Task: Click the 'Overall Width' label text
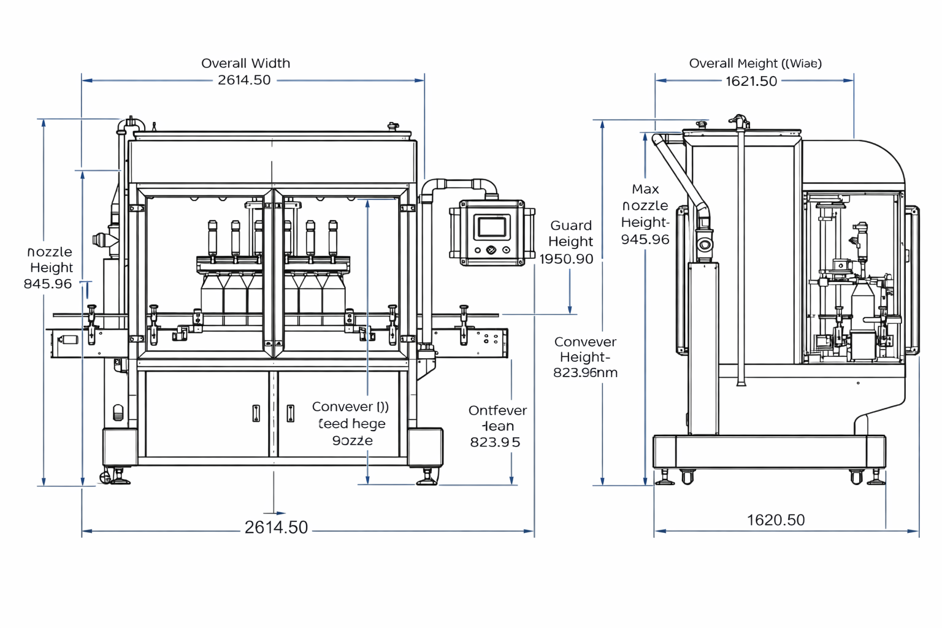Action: point(245,63)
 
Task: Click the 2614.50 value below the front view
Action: point(276,527)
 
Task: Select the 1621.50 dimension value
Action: point(751,81)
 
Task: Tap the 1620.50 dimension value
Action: point(776,520)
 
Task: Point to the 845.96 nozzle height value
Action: point(48,284)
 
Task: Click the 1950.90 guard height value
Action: point(566,259)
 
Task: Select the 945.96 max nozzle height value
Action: point(645,239)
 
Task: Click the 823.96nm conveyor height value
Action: point(585,372)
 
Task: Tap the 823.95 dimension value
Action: point(495,442)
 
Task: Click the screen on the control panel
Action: point(492,227)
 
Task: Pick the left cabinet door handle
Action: point(256,414)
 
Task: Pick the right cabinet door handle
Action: point(291,414)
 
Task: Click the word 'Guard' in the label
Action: point(571,226)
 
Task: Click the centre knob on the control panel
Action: point(491,250)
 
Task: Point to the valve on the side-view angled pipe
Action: point(705,245)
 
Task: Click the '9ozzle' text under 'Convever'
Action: point(352,441)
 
